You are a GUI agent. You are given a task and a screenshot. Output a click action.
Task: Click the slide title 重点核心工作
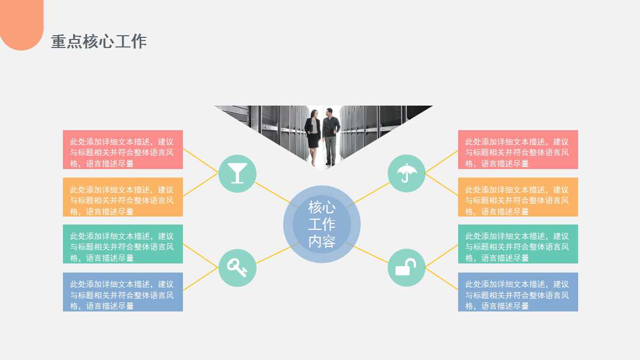[99, 42]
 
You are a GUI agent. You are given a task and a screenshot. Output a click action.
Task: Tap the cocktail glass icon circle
[237, 173]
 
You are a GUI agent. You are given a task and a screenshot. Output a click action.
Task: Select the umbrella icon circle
[406, 173]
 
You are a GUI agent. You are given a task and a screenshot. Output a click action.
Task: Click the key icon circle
[237, 267]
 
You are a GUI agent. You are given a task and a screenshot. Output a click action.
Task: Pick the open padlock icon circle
[406, 267]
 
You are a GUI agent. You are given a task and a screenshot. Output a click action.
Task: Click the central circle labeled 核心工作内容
[322, 224]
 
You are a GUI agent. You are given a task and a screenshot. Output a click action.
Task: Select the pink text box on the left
[123, 149]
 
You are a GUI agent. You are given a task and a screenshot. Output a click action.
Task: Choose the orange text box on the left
[123, 197]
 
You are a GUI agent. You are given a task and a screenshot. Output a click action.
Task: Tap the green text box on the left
[123, 244]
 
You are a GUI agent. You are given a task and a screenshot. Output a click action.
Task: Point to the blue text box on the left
[123, 292]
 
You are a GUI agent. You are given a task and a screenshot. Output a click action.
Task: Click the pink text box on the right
[518, 149]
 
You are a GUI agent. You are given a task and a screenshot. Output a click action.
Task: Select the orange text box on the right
[518, 197]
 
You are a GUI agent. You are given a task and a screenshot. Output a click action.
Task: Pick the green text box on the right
[518, 244]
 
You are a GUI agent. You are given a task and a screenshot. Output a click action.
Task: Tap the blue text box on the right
[518, 292]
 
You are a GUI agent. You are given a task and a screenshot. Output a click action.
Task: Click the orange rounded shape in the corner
[21, 24]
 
